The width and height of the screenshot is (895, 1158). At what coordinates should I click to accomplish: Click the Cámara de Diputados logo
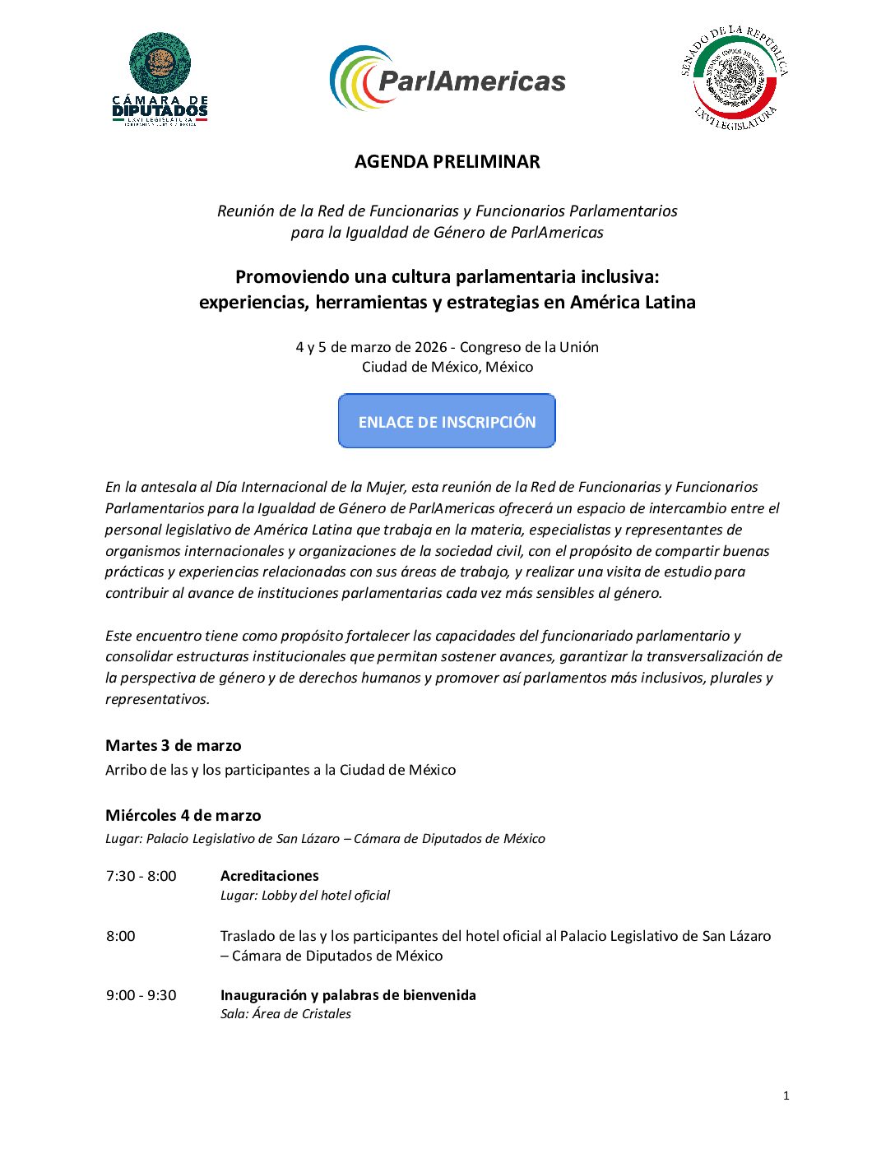160,79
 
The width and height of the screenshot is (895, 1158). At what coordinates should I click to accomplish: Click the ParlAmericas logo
447,79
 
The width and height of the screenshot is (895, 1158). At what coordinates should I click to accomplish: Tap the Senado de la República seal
735,79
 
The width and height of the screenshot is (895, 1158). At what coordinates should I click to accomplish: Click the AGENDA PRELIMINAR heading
447,162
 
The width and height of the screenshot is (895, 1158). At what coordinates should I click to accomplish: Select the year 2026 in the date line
431,347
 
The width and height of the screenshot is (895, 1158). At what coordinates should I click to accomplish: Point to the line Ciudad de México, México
447,367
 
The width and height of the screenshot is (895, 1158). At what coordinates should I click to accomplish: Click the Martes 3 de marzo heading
174,746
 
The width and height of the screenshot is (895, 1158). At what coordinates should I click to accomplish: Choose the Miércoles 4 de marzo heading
183,816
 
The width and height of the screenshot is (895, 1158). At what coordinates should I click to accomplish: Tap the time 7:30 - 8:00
141,876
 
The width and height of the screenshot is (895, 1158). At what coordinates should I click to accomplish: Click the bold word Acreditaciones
269,876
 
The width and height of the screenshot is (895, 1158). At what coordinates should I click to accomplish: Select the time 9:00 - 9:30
141,995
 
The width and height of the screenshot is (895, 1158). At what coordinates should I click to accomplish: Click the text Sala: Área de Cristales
285,1014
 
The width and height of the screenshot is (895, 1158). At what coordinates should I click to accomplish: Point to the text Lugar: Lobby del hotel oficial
304,896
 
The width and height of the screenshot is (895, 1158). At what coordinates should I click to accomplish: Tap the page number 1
786,1095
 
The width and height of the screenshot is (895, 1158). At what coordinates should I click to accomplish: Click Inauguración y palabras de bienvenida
348,995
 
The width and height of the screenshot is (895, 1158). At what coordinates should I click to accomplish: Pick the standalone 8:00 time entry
120,936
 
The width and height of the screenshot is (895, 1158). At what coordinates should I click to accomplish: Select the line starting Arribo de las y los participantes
281,770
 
